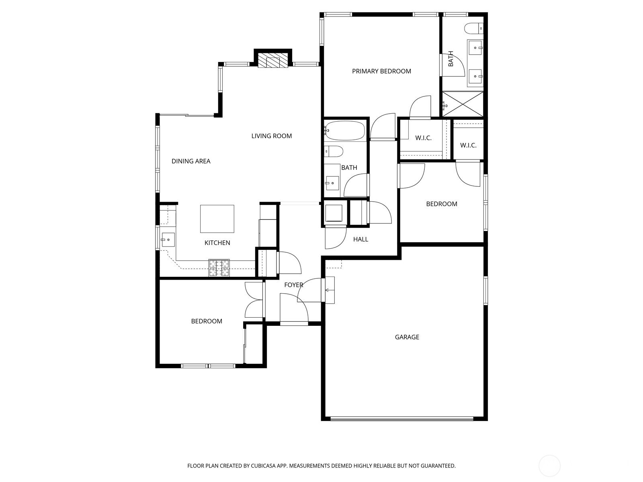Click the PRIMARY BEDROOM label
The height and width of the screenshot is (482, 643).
pos(381,71)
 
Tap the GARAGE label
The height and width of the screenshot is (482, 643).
pos(407,337)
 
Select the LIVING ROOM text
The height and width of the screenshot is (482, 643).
pos(272,136)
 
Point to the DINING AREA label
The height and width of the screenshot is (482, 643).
pos(191,161)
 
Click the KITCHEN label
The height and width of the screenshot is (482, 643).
pos(217,243)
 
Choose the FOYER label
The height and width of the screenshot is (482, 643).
pos(293,285)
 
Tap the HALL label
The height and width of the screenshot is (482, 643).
pos(360,239)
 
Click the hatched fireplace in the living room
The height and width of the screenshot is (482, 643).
pos(273,61)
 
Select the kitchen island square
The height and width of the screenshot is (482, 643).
pos(217,219)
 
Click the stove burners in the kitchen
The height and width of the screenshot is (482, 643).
pos(219,268)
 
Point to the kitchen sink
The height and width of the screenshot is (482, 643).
pos(168,240)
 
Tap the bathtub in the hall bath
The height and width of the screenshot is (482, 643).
pos(345,131)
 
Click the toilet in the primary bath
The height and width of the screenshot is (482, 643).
pos(474,29)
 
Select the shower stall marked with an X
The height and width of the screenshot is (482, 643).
pos(463,104)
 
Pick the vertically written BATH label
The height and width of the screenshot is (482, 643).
pos(451,59)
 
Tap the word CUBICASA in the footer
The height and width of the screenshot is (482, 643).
pos(264,466)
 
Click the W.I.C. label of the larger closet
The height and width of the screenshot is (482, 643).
pos(423,138)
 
